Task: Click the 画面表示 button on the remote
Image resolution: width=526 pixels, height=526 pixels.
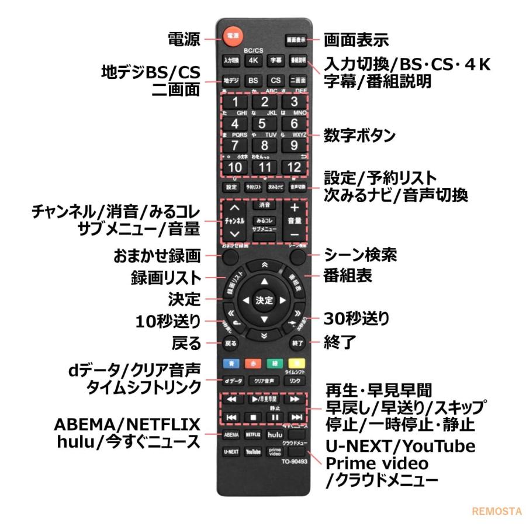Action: coord(295,40)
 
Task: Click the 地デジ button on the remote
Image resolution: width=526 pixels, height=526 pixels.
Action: coord(230,80)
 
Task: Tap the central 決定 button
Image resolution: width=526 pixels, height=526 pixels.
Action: coord(263,300)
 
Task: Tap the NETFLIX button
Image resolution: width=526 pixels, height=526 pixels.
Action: coord(252,435)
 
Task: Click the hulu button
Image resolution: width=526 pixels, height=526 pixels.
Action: coord(274,435)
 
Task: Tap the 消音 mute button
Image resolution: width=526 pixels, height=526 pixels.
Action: coord(263,206)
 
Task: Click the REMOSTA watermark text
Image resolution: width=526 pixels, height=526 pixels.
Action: coord(497,510)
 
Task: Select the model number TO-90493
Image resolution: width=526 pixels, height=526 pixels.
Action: coord(293,461)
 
